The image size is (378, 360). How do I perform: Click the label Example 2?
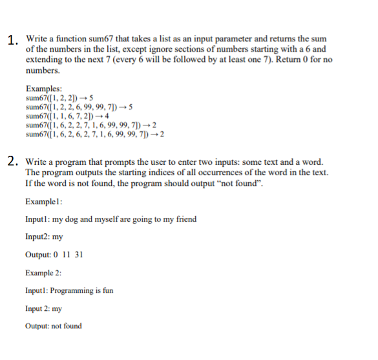click(43, 273)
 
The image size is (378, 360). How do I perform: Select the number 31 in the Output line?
click(79, 255)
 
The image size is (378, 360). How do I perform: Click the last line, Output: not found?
click(53, 326)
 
